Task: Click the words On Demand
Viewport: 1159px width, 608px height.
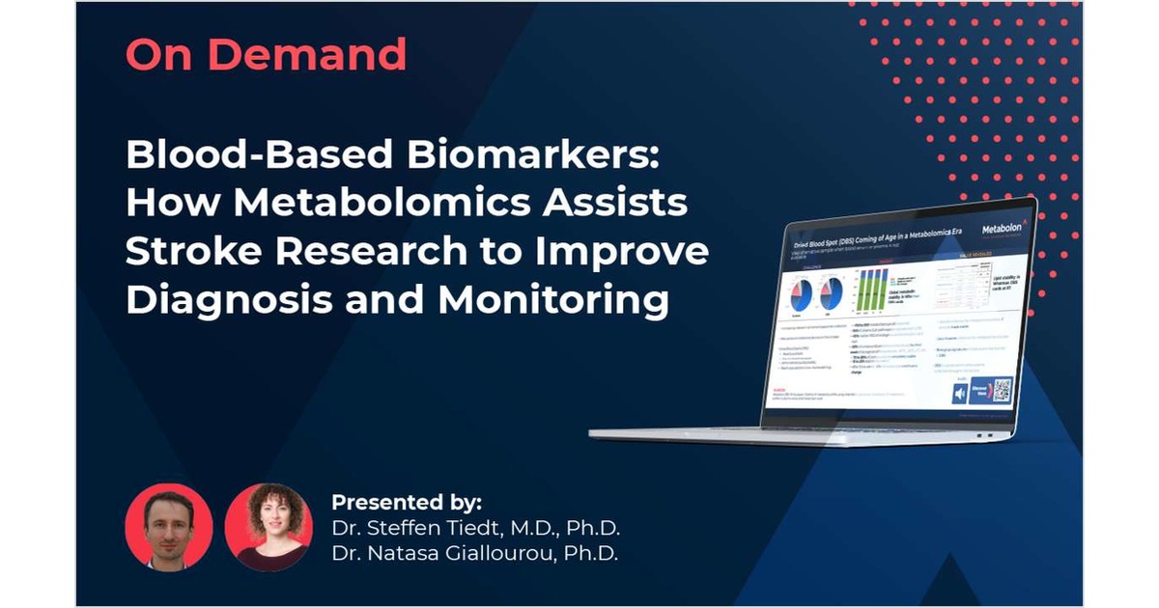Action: point(266,56)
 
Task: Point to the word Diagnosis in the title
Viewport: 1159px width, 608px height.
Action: point(233,300)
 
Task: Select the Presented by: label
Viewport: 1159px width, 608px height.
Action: point(406,503)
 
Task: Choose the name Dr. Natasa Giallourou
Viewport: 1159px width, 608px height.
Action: point(474,554)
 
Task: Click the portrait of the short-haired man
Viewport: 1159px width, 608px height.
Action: point(168,527)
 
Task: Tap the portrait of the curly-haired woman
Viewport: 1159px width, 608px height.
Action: point(269,527)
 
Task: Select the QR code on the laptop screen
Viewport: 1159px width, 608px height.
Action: point(1002,389)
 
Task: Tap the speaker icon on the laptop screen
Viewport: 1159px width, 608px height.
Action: point(961,394)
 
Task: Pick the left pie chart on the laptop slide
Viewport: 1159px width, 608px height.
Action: point(803,290)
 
